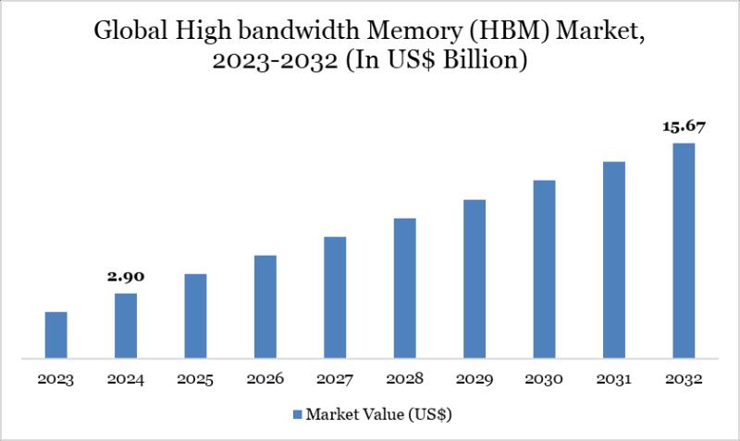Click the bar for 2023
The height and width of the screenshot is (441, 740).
pos(56,334)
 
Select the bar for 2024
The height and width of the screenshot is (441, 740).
pos(126,325)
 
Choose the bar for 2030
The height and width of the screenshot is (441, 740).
pos(544,269)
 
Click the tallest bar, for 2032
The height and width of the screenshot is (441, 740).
pos(684,250)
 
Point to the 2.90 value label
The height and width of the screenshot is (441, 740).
pos(126,276)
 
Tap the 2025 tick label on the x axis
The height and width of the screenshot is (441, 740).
pos(195,379)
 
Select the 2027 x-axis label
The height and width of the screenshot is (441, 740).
pos(335,379)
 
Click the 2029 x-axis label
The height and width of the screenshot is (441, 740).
pos(475,379)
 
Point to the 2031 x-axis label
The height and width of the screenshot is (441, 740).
pos(614,379)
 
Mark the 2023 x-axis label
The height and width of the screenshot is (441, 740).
pos(56,379)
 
